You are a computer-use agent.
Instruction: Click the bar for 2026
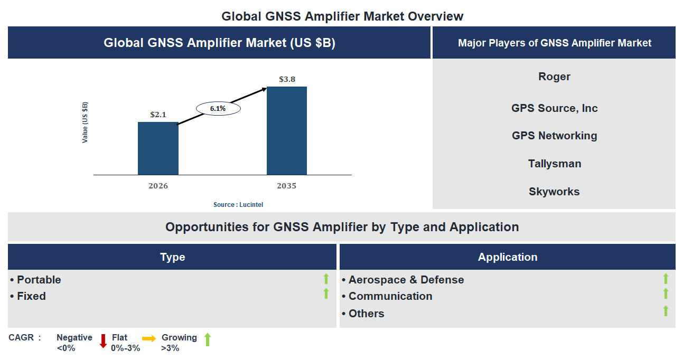click(158, 148)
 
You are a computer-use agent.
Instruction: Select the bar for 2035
click(286, 130)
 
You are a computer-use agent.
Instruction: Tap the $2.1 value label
click(158, 114)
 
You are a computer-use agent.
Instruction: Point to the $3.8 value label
click(287, 79)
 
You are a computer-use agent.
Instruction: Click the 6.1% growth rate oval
click(218, 108)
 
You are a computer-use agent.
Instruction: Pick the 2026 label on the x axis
click(158, 186)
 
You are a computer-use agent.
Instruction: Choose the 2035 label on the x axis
click(286, 186)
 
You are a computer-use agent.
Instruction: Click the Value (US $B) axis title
click(85, 122)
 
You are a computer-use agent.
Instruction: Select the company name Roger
click(554, 77)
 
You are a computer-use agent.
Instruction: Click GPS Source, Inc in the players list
click(554, 108)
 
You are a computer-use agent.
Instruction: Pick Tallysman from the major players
click(554, 164)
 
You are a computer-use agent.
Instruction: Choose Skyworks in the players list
click(554, 192)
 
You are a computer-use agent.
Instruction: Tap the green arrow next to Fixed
click(326, 293)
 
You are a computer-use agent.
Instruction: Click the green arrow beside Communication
click(666, 293)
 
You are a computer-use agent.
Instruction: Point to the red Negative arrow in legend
click(103, 341)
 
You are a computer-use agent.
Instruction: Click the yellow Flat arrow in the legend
click(149, 339)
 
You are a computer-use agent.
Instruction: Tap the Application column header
click(507, 257)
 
